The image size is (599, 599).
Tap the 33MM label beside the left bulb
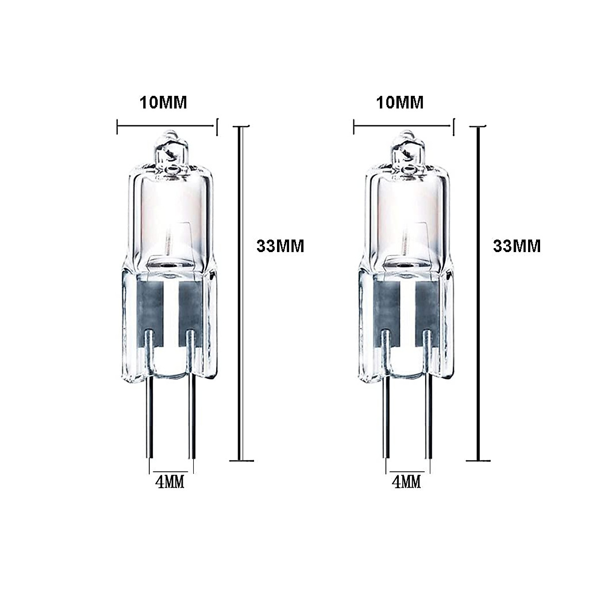(x=280, y=246)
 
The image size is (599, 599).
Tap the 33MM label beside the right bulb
(x=517, y=246)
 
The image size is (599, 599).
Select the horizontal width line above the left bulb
(x=167, y=127)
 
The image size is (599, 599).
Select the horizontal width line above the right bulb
(x=404, y=127)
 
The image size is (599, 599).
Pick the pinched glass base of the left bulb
(x=169, y=319)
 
